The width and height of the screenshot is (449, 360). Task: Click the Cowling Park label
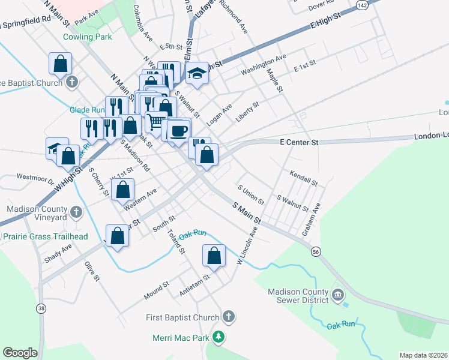click(88, 37)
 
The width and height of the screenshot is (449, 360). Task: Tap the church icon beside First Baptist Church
click(228, 316)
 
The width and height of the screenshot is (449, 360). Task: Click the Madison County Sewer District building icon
click(337, 295)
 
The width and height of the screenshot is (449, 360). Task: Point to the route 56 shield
click(316, 253)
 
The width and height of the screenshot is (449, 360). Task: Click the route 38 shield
click(41, 308)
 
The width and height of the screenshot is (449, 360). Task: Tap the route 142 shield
click(361, 4)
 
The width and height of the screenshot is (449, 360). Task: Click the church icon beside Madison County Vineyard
click(76, 212)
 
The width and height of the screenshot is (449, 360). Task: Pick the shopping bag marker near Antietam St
click(214, 256)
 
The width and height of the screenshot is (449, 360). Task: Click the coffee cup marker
click(178, 130)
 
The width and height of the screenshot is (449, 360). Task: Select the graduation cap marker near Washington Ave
click(196, 73)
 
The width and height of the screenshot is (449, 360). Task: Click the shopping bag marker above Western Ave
click(123, 189)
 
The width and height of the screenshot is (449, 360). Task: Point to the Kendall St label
click(303, 178)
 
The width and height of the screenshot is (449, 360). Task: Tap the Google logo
click(20, 353)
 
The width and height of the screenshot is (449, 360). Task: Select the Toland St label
click(176, 241)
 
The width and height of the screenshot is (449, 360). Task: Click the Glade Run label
click(87, 110)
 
